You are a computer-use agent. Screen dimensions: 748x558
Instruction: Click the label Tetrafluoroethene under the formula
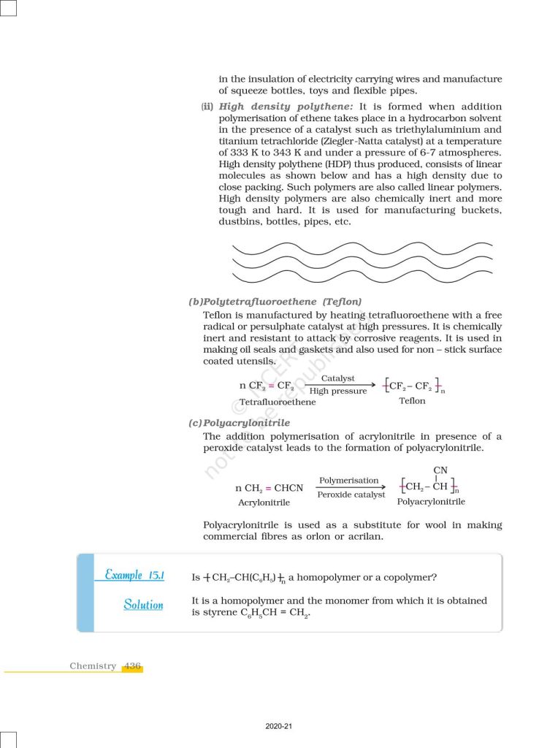tap(278, 402)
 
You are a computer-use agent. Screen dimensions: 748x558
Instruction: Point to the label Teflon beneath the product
tap(412, 401)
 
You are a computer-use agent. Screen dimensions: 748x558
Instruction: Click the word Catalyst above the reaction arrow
tap(337, 378)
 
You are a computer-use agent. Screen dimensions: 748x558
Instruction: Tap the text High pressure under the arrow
tap(338, 392)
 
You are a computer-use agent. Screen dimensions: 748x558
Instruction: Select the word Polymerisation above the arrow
tap(349, 481)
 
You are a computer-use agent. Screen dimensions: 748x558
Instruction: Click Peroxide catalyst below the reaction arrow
tap(351, 495)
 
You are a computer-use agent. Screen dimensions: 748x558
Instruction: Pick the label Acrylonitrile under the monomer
tap(264, 503)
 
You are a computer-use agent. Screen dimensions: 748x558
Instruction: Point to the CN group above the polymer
tap(440, 470)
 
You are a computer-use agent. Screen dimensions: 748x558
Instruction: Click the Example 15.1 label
tap(134, 575)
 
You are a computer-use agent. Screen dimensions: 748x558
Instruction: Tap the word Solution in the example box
tap(143, 605)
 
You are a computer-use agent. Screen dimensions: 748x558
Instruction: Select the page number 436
tap(132, 666)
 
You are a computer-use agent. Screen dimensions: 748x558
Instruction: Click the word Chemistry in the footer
tap(93, 666)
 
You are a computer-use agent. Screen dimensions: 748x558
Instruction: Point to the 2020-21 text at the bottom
tap(279, 727)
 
